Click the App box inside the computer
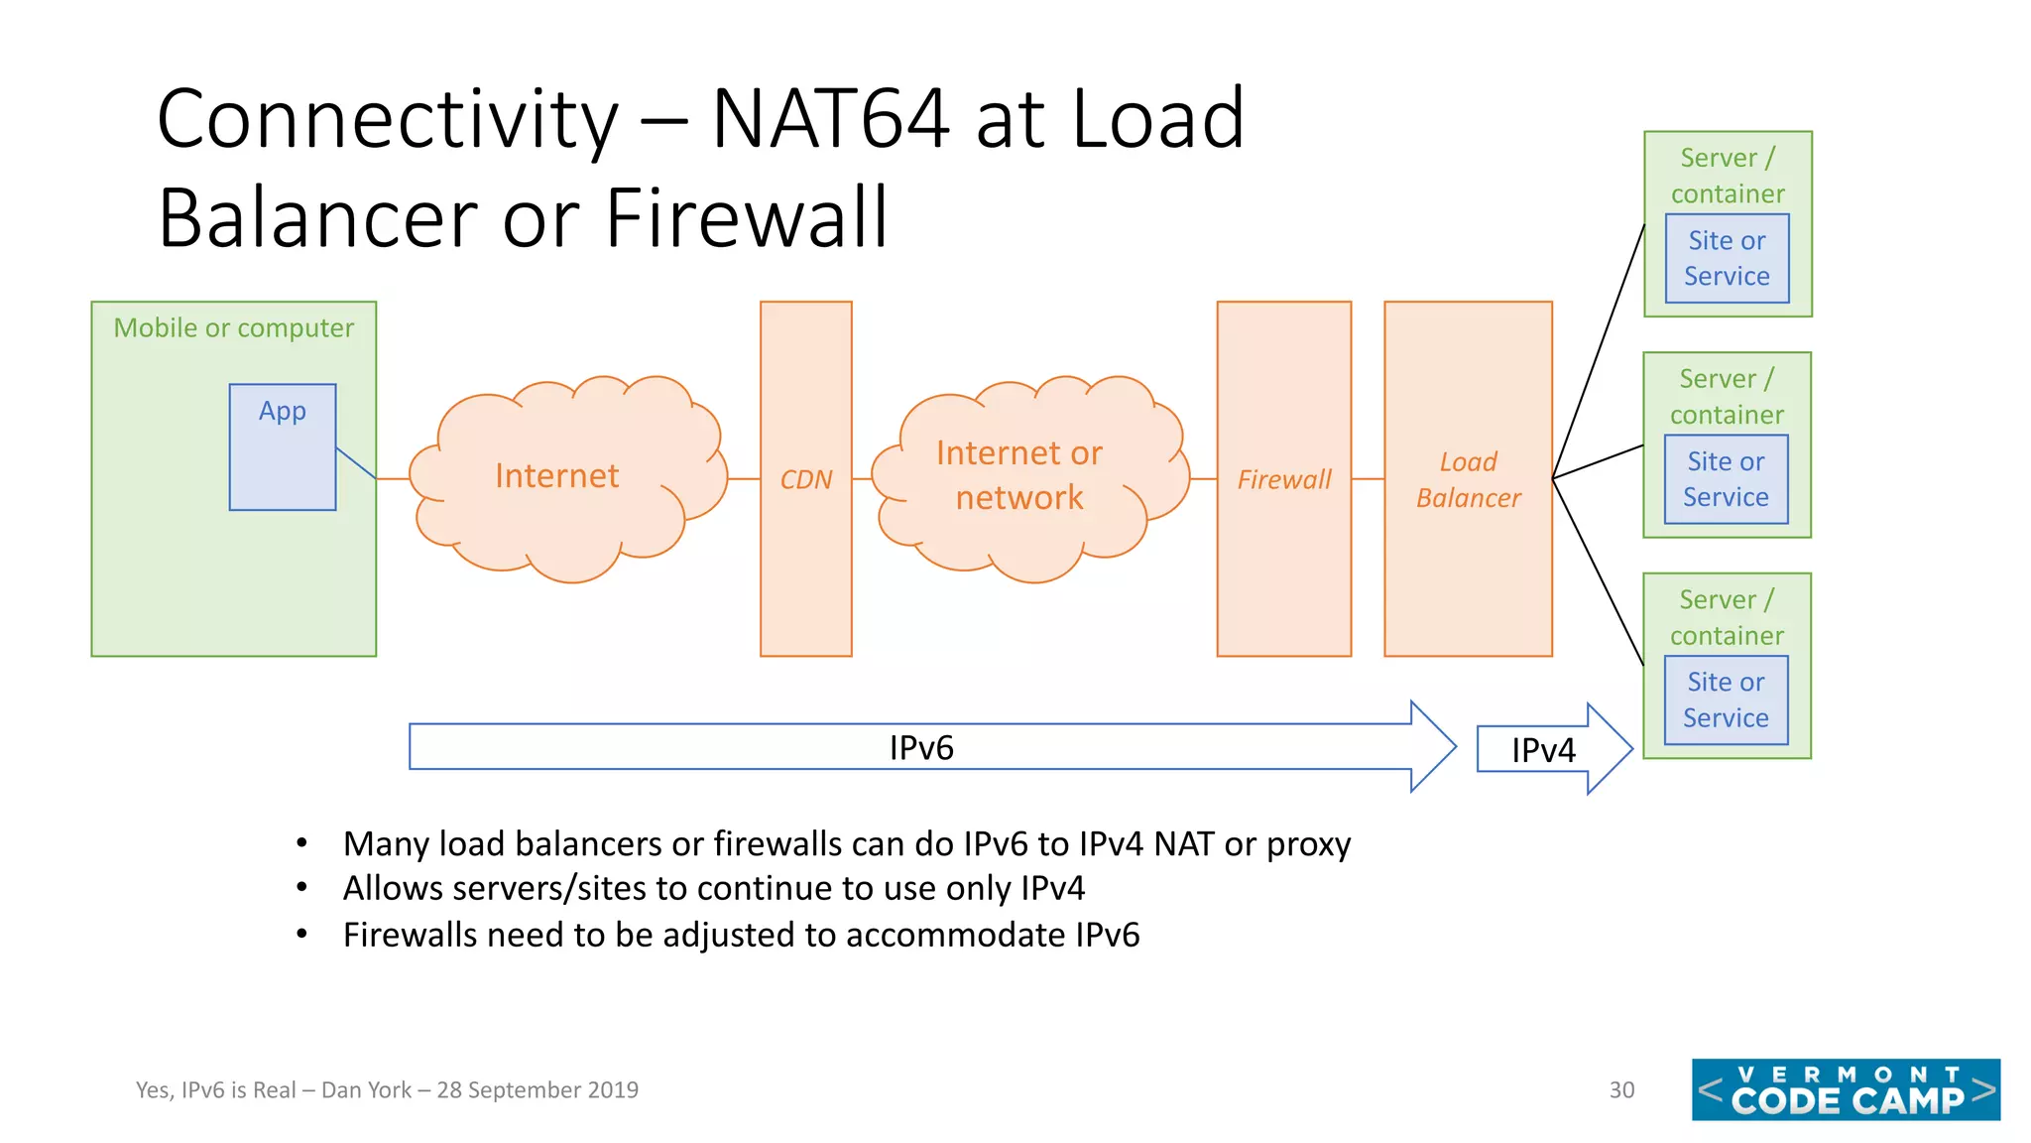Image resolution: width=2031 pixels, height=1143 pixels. coord(283,446)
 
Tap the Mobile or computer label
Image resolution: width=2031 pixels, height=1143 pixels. coord(233,328)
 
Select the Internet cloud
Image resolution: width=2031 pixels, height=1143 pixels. coord(557,476)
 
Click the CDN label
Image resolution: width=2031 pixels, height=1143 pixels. coord(805,480)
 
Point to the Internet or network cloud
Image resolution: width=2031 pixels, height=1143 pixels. coord(1019,475)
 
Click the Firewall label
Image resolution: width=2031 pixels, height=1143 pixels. coord(1283,480)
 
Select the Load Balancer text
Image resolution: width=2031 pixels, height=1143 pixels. coord(1468,480)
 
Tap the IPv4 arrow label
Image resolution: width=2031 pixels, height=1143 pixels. coord(1543,750)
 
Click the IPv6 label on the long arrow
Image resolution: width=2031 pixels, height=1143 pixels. coord(921,748)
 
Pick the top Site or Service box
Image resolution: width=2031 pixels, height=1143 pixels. coord(1727,259)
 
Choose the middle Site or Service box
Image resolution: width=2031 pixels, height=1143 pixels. coord(1726,479)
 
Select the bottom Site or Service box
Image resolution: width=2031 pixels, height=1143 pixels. coord(1726,700)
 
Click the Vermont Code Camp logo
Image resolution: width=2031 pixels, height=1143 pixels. coord(1846,1089)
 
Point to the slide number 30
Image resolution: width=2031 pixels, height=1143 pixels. coord(1621,1090)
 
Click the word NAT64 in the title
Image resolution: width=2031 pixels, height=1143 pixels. coord(831,119)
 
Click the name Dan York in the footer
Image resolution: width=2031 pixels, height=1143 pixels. coord(366,1090)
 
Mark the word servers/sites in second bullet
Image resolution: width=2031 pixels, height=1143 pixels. coord(548,889)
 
